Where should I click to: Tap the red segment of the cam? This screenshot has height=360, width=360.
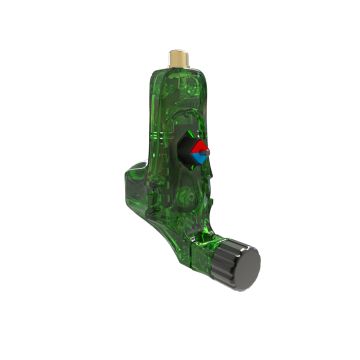coord(198,146)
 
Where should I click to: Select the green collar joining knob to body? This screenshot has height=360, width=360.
coord(218,250)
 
